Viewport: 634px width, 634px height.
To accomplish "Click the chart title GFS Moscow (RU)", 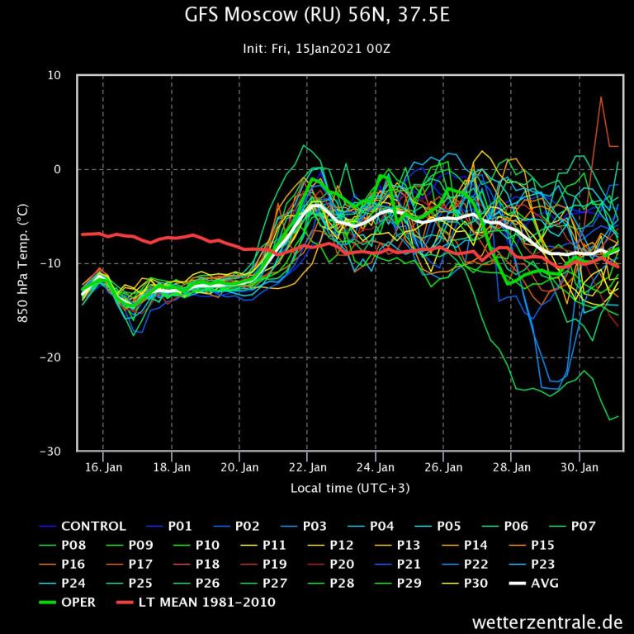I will click(x=316, y=16).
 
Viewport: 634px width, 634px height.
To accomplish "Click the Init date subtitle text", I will click(x=316, y=49).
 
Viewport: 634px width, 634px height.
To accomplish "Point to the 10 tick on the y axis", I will click(x=54, y=76).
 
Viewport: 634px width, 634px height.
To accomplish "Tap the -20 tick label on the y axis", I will click(x=51, y=357).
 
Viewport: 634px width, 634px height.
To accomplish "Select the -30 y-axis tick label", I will click(x=51, y=452).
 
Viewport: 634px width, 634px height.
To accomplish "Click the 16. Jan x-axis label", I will click(x=103, y=467).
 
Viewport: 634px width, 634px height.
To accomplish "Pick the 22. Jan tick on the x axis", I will click(x=307, y=467).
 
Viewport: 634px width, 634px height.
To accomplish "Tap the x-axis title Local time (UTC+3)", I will click(x=350, y=488).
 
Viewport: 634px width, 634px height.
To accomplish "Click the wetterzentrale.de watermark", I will click(x=547, y=621).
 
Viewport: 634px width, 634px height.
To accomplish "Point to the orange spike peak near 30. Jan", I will click(x=601, y=97).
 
